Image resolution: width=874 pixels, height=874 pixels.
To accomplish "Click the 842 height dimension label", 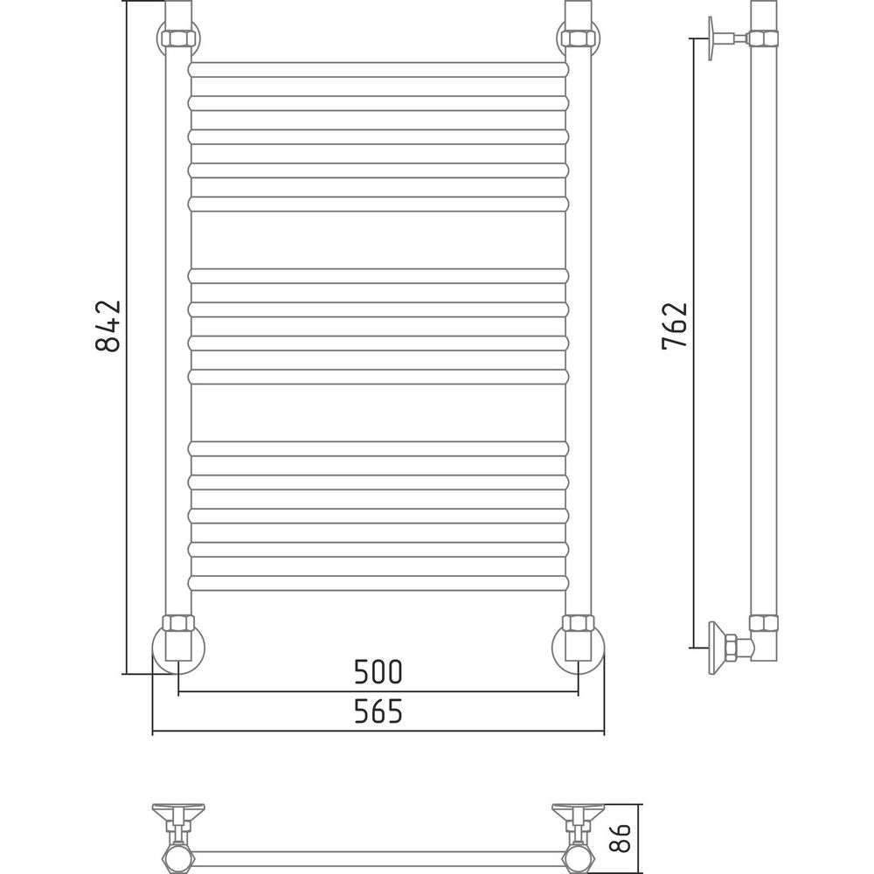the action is (x=108, y=325).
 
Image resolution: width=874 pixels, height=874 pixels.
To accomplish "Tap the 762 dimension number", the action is (x=675, y=326).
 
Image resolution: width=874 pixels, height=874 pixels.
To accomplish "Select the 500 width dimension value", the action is (x=378, y=671).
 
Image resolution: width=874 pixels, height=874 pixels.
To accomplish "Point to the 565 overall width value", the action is (x=378, y=711).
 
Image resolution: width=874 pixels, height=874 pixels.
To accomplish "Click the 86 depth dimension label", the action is (x=620, y=838).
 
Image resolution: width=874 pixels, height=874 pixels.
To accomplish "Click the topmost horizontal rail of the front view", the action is (x=378, y=70).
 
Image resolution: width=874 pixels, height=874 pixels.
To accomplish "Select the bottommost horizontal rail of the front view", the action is (x=378, y=583).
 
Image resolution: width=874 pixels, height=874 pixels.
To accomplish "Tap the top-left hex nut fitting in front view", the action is (x=178, y=38).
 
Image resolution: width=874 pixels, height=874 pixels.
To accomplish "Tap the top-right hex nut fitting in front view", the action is (x=579, y=38).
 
